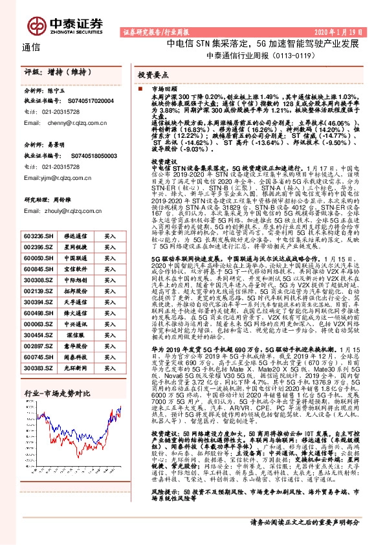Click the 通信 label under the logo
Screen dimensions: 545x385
[31, 47]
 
